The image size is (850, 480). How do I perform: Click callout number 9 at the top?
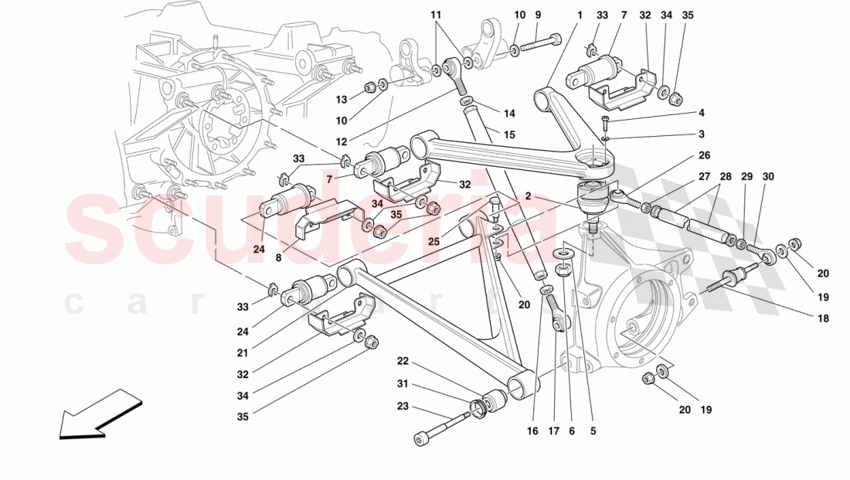538,15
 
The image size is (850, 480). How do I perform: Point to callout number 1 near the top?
578,15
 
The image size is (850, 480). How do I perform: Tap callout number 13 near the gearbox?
342,99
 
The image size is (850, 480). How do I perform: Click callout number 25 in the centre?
434,242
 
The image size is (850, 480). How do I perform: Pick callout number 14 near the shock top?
508,113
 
